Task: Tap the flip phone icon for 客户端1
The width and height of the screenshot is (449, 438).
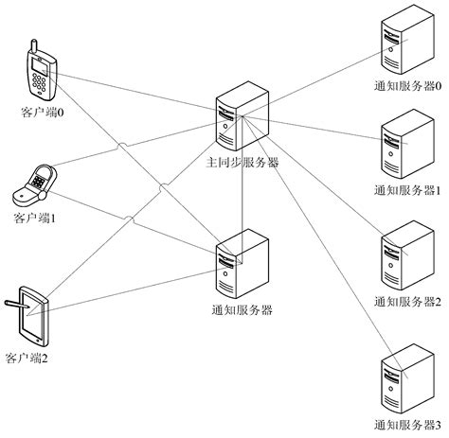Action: (x=35, y=185)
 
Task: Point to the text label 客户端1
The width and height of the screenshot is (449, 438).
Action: (x=36, y=219)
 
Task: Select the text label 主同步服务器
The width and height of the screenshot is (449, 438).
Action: (x=242, y=163)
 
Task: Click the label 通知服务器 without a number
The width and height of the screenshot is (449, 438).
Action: (x=242, y=309)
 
